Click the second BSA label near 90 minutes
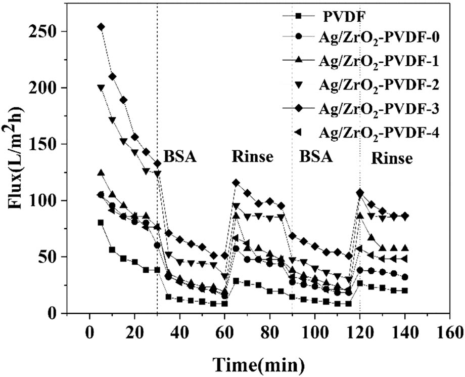click(316, 156)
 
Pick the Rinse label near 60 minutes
click(253, 156)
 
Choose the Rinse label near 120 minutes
click(392, 158)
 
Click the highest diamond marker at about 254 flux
click(101, 27)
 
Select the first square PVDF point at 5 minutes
click(101, 223)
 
